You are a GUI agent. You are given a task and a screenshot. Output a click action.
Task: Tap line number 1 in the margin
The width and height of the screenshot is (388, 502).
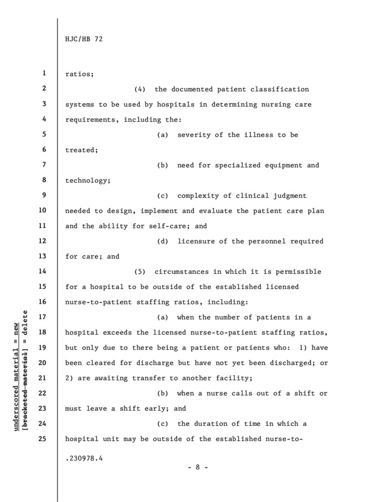tap(45, 74)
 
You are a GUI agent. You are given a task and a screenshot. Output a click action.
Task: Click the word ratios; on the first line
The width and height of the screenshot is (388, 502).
tap(80, 74)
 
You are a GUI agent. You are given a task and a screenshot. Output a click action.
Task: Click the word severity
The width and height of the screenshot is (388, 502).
tap(198, 135)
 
